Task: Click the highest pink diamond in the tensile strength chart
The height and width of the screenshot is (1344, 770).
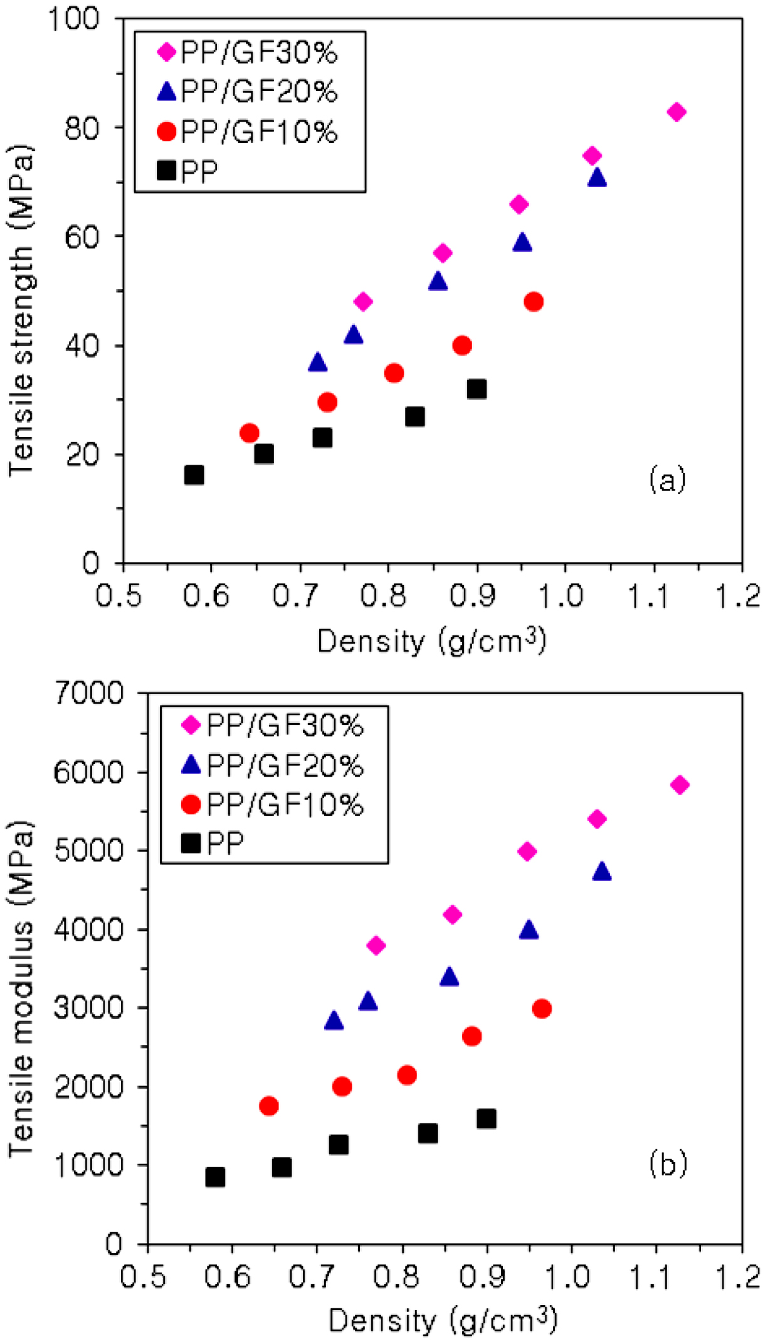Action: [676, 112]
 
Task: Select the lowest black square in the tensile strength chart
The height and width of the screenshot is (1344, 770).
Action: [194, 475]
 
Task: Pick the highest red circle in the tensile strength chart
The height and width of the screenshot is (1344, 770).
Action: [534, 302]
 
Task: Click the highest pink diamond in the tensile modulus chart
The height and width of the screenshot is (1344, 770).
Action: [680, 785]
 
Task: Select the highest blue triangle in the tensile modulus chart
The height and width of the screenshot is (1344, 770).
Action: [602, 872]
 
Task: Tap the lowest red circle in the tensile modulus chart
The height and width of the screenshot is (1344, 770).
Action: [269, 1106]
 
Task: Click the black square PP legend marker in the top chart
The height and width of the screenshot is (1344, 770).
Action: [167, 171]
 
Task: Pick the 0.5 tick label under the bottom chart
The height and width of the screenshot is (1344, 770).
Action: [144, 1276]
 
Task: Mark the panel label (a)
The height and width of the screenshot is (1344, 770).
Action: [667, 480]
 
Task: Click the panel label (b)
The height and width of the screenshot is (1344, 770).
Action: [668, 1163]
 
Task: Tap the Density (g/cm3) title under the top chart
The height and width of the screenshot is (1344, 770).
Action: [431, 641]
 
